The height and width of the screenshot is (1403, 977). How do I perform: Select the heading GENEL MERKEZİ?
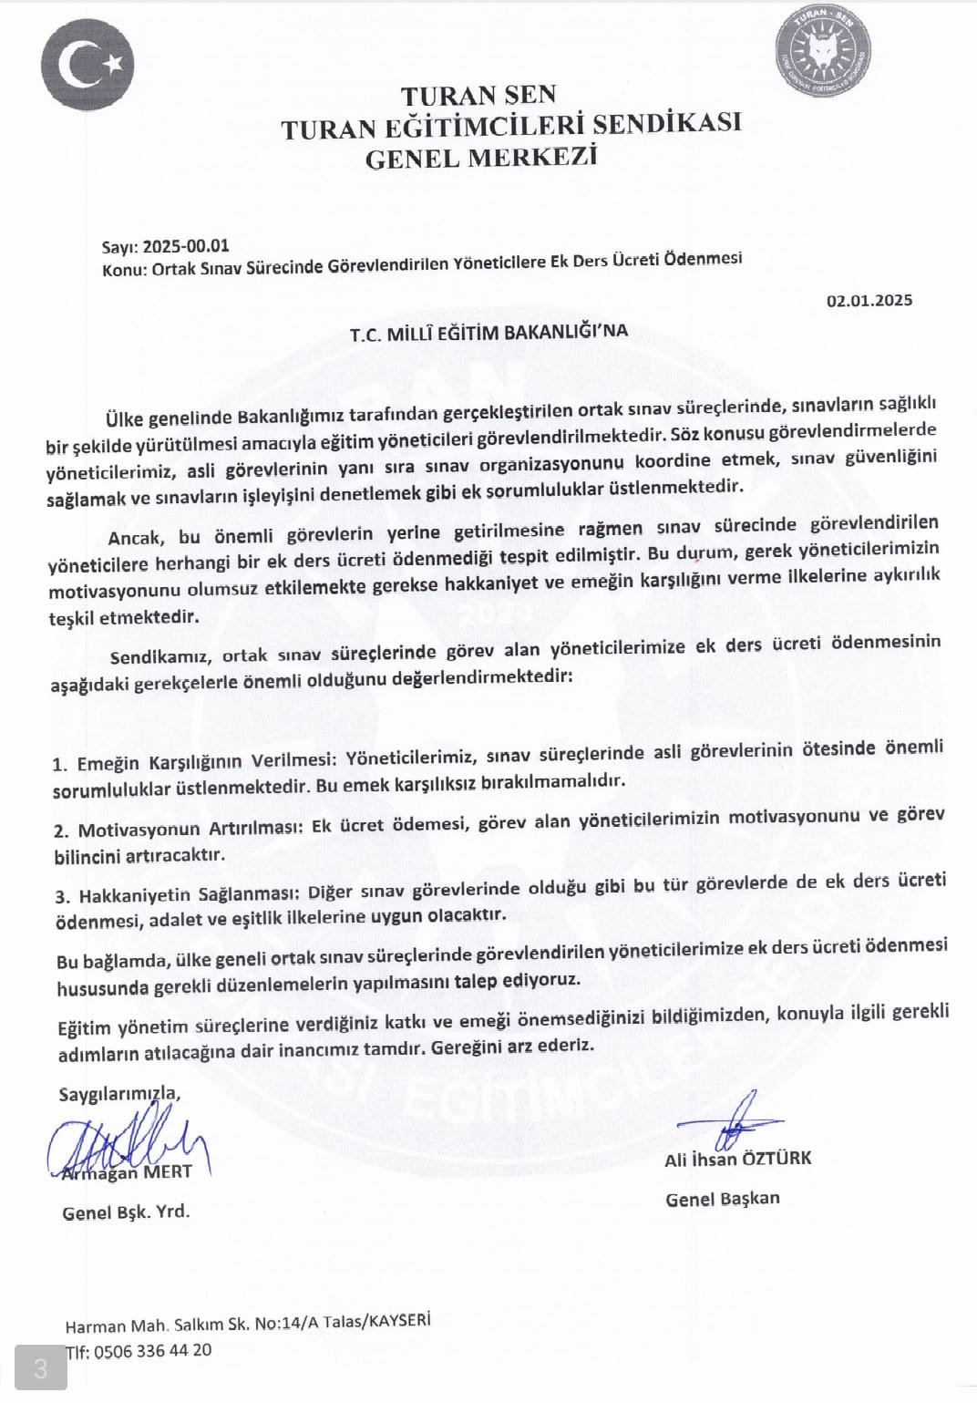tap(480, 158)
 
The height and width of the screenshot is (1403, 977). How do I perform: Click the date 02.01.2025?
tap(869, 300)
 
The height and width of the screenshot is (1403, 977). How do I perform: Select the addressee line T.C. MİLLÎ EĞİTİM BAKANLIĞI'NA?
tap(488, 332)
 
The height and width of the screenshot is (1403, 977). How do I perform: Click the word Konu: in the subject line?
tap(125, 269)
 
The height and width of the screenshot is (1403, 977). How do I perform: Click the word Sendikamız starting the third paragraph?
tap(161, 656)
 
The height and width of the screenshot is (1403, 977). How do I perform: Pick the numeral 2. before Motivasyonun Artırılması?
tap(61, 830)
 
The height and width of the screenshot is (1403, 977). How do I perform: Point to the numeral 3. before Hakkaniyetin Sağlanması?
tap(62, 897)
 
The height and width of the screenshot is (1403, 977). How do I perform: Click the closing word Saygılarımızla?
tap(119, 1094)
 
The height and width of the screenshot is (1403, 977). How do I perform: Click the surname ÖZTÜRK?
tap(776, 1159)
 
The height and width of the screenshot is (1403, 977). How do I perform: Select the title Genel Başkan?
tap(723, 1199)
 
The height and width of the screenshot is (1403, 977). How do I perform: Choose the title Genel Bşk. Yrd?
tap(126, 1212)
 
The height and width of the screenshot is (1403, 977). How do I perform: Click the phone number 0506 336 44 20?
tap(152, 1351)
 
